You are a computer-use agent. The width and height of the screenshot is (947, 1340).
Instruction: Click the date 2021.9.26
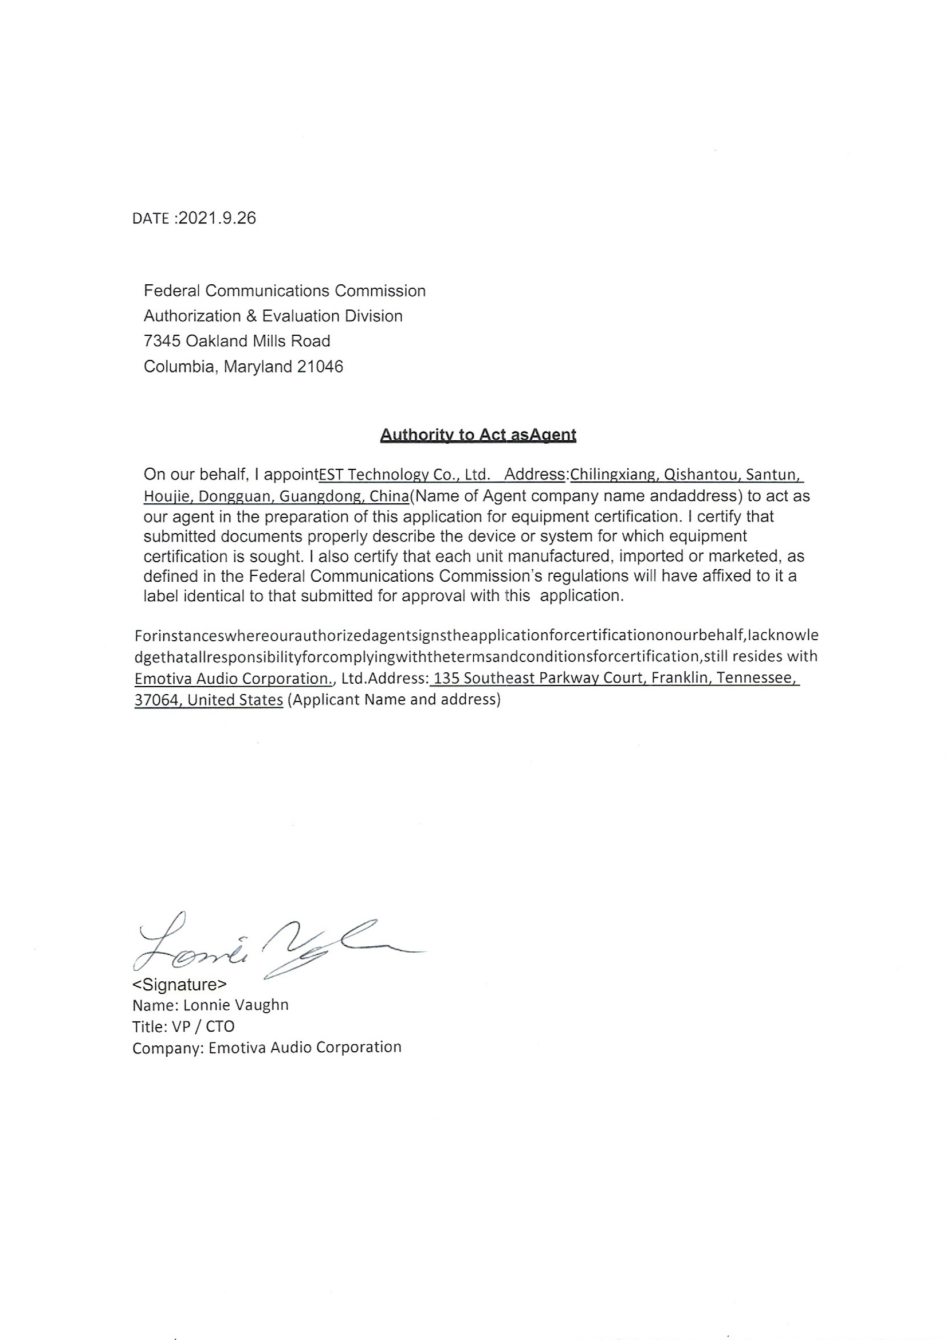point(217,218)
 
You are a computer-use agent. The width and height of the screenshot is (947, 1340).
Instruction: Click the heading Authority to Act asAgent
point(477,435)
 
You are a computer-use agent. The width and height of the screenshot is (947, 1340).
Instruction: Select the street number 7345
point(162,341)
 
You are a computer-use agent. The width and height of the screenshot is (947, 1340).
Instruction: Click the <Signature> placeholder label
point(179,985)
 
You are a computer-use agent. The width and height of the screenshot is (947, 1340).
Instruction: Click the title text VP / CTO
point(203,1026)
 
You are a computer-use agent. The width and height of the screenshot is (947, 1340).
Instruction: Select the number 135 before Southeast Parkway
point(446,678)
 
